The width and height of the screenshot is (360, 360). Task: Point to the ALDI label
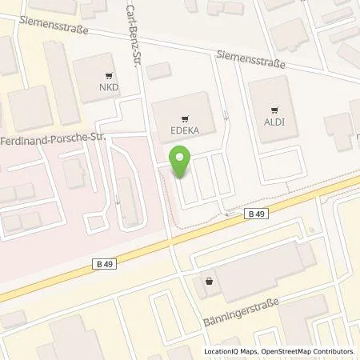(274, 123)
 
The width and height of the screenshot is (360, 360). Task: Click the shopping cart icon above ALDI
(274, 112)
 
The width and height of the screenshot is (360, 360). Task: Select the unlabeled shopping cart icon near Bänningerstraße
(210, 281)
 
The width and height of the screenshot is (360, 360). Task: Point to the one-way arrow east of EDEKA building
(227, 117)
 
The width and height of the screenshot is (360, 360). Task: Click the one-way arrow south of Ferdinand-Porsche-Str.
(118, 199)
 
